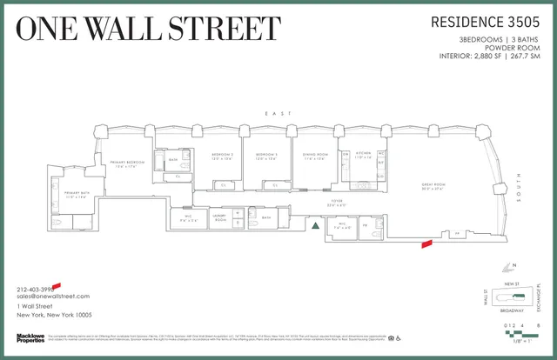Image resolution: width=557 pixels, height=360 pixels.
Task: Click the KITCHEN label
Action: click(363, 156)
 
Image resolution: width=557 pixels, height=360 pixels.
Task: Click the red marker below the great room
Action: click(426, 244)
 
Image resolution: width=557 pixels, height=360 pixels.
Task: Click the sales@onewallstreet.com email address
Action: click(53, 297)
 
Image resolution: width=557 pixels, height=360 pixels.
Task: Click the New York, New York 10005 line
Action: click(55, 314)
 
